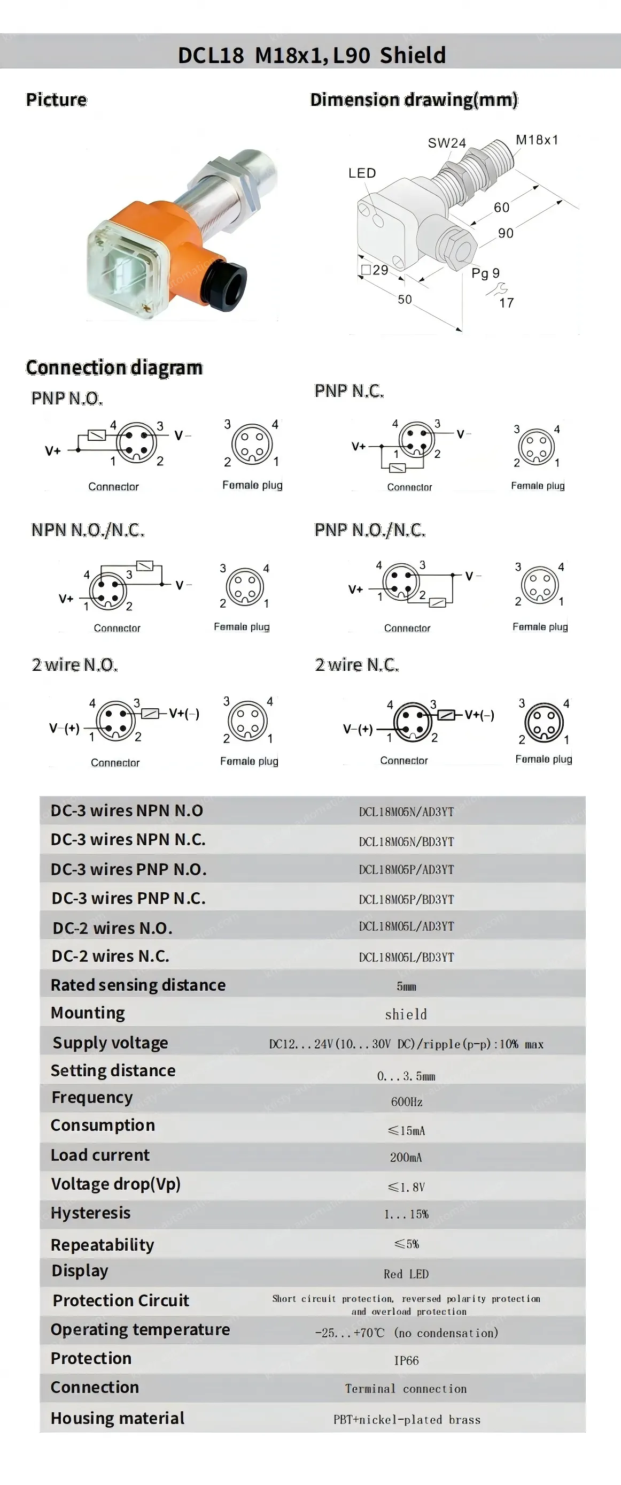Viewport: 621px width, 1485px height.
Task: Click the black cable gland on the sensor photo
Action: click(227, 283)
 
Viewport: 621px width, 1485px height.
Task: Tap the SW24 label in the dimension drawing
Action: click(446, 143)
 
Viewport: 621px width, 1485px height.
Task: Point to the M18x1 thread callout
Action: click(537, 140)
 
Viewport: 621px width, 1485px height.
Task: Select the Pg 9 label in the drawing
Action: click(485, 273)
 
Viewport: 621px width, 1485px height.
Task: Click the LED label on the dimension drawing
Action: click(362, 173)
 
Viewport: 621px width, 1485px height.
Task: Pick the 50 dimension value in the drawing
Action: click(405, 299)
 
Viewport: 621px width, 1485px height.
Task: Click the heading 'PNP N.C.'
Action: click(349, 391)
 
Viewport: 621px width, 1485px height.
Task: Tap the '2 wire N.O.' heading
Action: click(75, 665)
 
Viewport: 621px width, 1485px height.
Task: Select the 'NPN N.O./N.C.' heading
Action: click(88, 530)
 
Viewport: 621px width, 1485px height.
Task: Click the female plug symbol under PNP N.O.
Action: click(252, 444)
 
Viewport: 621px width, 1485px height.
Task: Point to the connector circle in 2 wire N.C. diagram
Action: click(413, 721)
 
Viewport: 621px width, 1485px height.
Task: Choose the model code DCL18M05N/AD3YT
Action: click(406, 812)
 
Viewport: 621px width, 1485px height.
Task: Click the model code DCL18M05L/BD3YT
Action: click(406, 957)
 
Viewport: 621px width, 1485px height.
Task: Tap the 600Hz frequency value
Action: click(407, 1101)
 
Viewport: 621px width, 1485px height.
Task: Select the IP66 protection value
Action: click(406, 1360)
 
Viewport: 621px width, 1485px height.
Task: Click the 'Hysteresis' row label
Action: click(90, 1213)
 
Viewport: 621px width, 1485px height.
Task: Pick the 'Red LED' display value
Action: click(406, 1274)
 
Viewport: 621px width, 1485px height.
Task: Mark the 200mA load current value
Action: click(406, 1157)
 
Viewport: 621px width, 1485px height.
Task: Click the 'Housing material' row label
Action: click(118, 1418)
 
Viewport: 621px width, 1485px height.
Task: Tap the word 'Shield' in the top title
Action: click(413, 55)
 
